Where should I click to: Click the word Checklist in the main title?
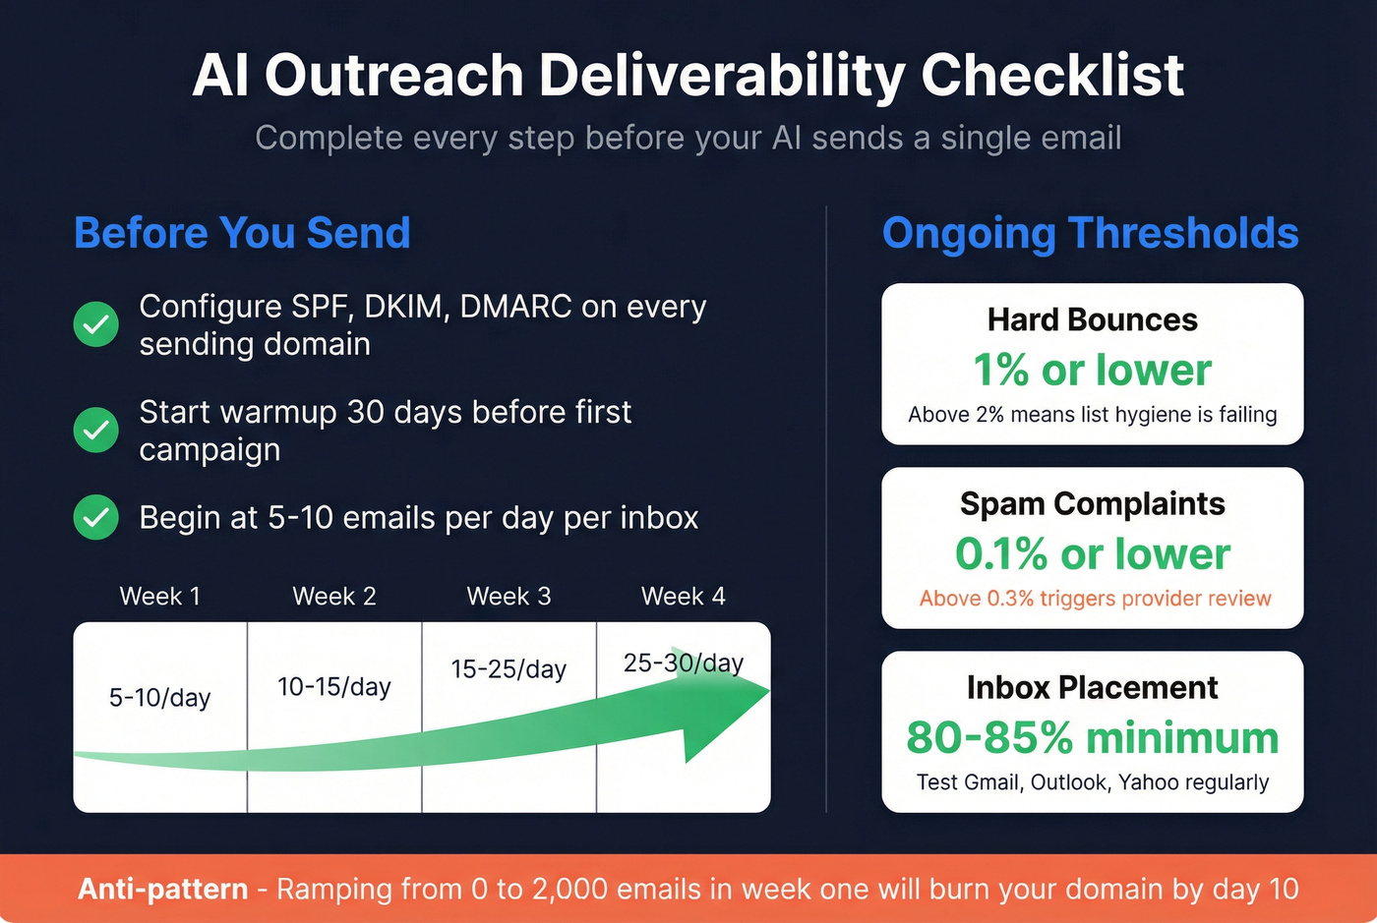1052,76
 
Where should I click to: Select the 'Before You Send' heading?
242,233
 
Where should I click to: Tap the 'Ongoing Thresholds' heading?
1090,233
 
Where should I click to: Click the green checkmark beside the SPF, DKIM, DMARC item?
96,324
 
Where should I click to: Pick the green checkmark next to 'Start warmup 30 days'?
96,430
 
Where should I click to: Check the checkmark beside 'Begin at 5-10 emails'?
96,517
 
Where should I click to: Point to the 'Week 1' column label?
159,596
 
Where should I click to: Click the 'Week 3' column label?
509,596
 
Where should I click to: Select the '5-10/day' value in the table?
159,698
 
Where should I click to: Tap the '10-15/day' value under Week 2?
333,686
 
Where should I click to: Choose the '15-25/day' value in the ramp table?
509,669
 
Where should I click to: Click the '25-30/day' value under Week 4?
683,663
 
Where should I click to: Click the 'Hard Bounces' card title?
1092,319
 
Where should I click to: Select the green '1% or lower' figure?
1092,371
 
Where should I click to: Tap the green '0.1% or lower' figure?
1092,554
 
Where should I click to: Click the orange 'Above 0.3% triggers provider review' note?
1095,599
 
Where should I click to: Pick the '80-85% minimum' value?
1092,737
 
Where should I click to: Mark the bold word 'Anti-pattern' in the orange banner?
163,889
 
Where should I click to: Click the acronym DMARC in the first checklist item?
515,307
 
